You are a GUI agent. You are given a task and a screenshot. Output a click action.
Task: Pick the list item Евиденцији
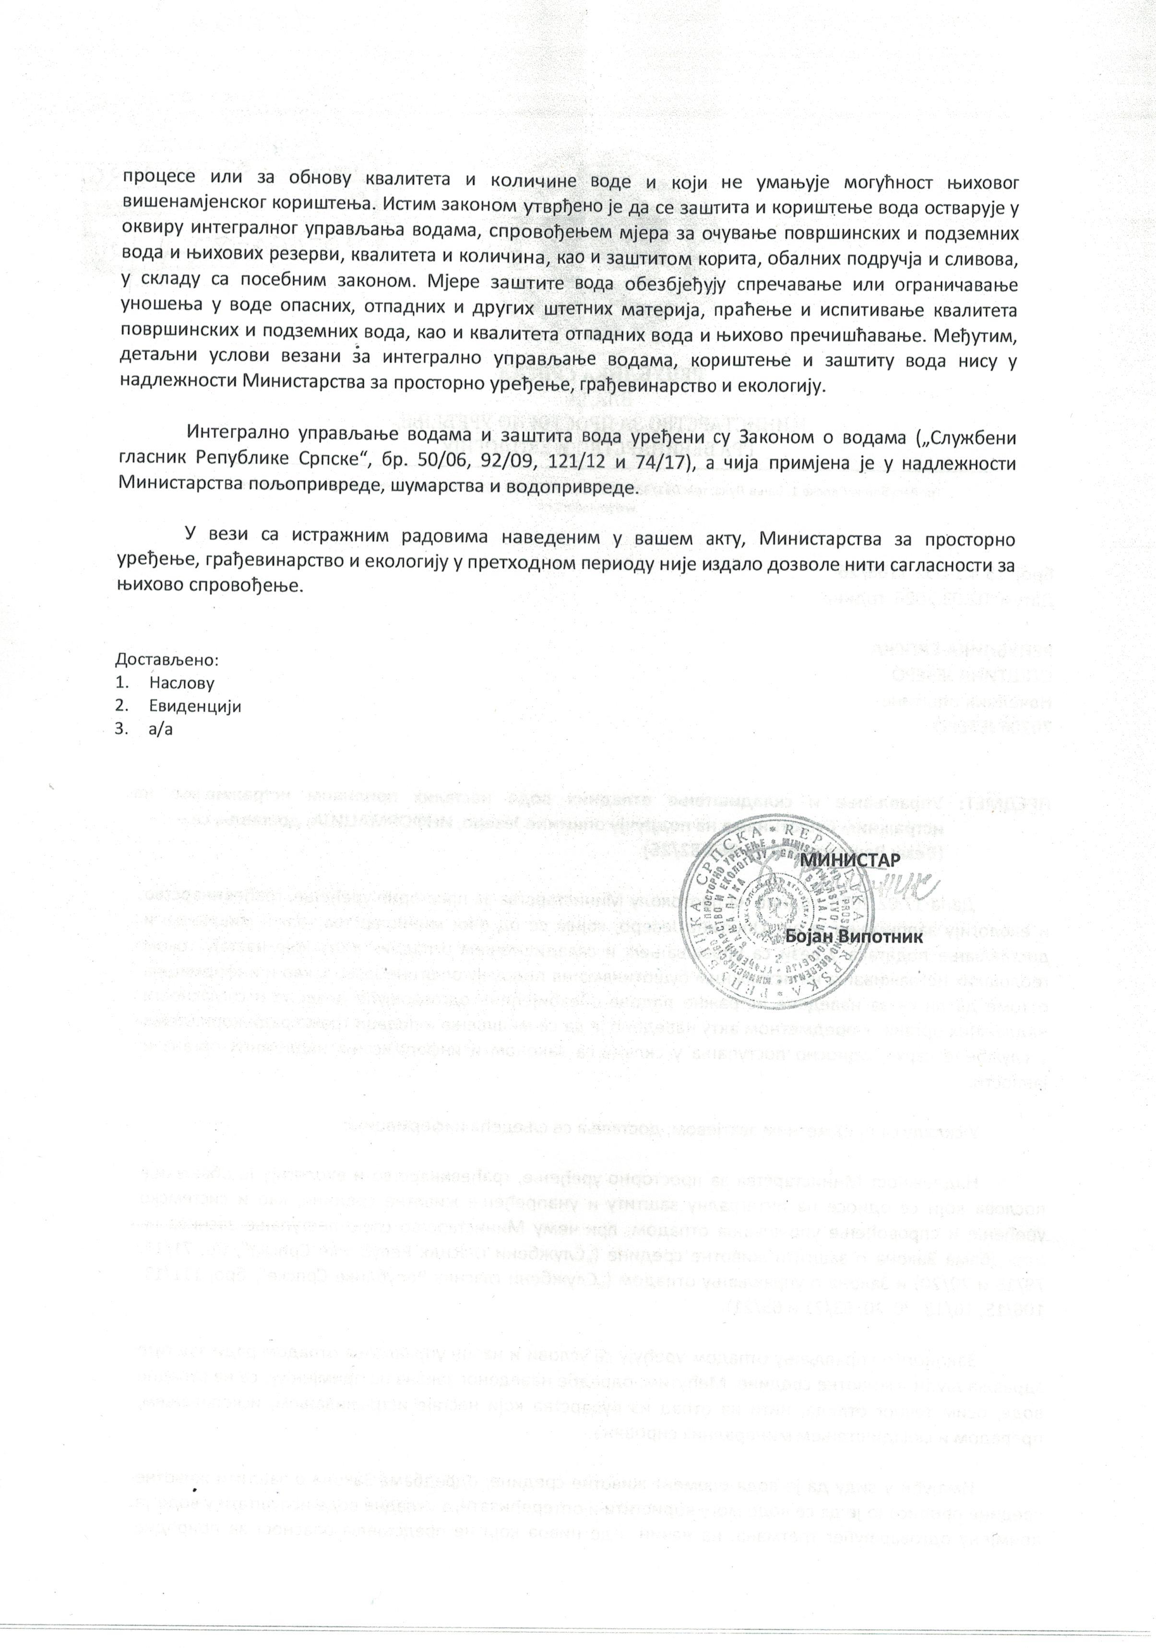194,706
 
